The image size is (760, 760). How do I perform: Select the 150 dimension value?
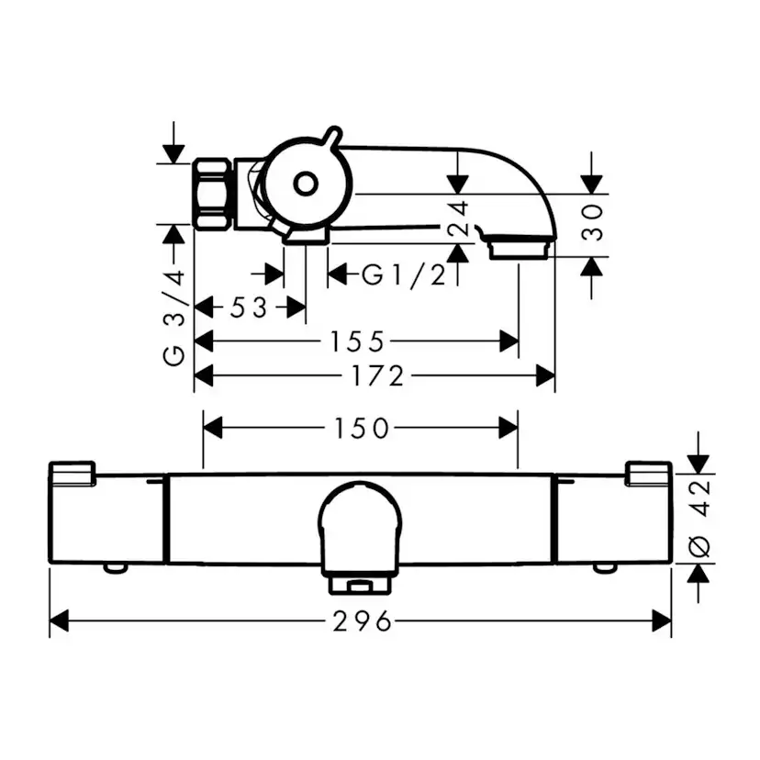(362, 429)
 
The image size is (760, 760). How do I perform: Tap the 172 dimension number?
(375, 375)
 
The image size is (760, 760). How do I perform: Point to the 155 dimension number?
(357, 341)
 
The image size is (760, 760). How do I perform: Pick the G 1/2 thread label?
(403, 274)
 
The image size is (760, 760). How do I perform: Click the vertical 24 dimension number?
(459, 220)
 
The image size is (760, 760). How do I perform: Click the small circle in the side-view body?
(304, 184)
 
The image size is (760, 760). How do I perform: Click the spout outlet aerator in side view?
(519, 247)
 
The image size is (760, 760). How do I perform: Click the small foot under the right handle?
(606, 568)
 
